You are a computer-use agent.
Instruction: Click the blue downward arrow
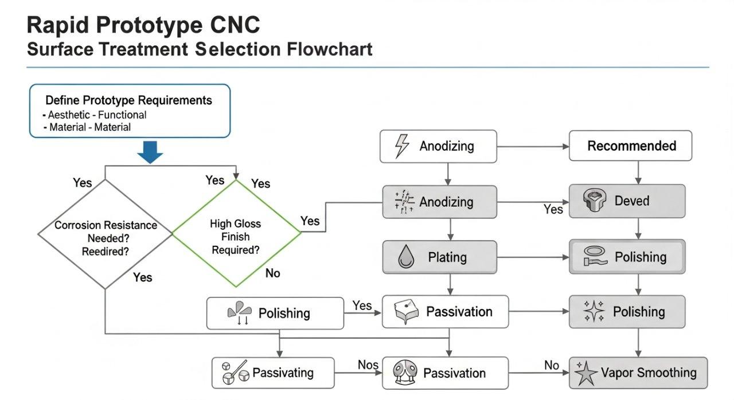150,152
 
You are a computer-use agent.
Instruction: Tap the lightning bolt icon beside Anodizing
403,146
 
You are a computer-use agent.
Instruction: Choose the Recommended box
630,146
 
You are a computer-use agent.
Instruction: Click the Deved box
627,201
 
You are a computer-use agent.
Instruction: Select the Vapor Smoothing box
638,373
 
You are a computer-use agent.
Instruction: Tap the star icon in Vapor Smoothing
587,374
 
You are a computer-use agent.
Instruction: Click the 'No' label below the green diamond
272,273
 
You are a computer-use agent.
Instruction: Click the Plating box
440,257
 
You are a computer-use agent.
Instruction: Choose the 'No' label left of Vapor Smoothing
552,365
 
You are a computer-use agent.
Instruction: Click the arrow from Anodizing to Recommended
533,146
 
